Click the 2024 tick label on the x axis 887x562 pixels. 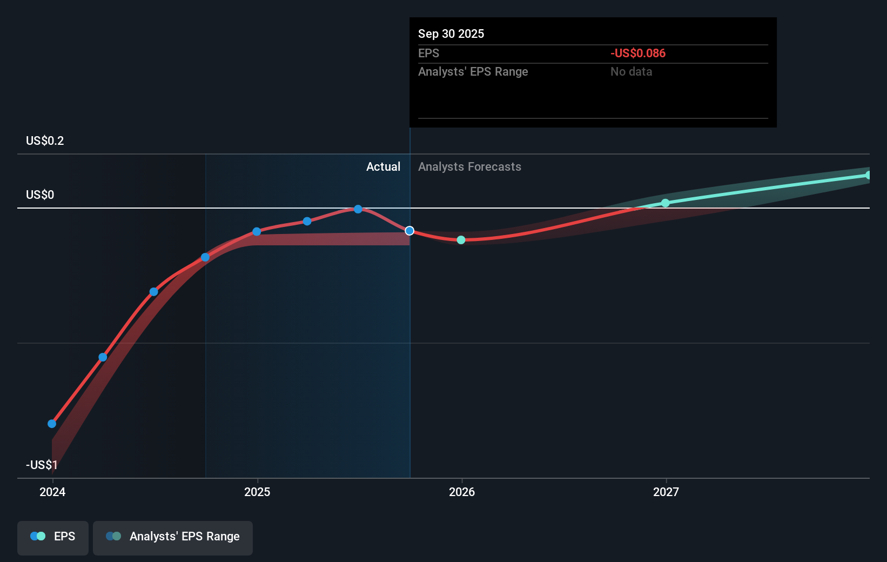click(x=52, y=492)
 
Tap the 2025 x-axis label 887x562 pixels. click(x=257, y=492)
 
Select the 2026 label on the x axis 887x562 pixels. click(x=462, y=492)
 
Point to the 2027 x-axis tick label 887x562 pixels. click(x=666, y=492)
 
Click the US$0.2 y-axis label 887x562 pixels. click(x=45, y=141)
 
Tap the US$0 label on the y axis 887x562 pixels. click(x=40, y=195)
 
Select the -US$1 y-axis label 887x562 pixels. click(x=42, y=465)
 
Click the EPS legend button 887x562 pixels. click(x=53, y=537)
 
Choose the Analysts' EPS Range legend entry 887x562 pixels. click(x=173, y=537)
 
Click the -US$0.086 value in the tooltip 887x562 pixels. click(x=638, y=53)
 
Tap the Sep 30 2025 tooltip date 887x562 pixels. click(x=451, y=34)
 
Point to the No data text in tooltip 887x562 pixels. click(x=631, y=72)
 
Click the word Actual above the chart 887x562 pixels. click(x=383, y=167)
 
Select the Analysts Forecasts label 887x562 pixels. click(x=469, y=167)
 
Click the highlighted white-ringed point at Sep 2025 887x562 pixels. click(x=409, y=231)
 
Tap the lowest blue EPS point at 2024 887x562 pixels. click(x=52, y=424)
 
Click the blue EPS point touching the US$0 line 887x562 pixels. click(x=358, y=209)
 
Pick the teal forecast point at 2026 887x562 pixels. click(x=461, y=240)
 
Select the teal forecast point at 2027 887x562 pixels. click(x=666, y=203)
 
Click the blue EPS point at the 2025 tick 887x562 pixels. click(x=257, y=231)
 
